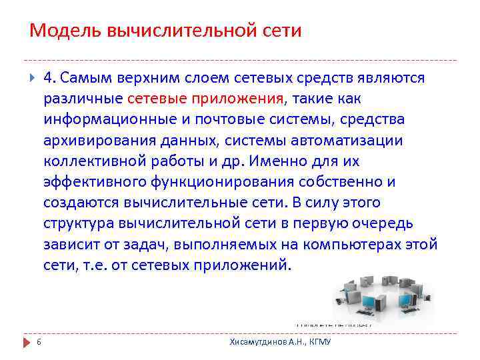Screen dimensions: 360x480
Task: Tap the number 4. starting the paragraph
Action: (50, 79)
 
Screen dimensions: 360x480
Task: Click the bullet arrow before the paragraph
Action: (31, 79)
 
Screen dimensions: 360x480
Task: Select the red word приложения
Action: (238, 100)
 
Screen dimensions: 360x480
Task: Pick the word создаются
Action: (77, 203)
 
